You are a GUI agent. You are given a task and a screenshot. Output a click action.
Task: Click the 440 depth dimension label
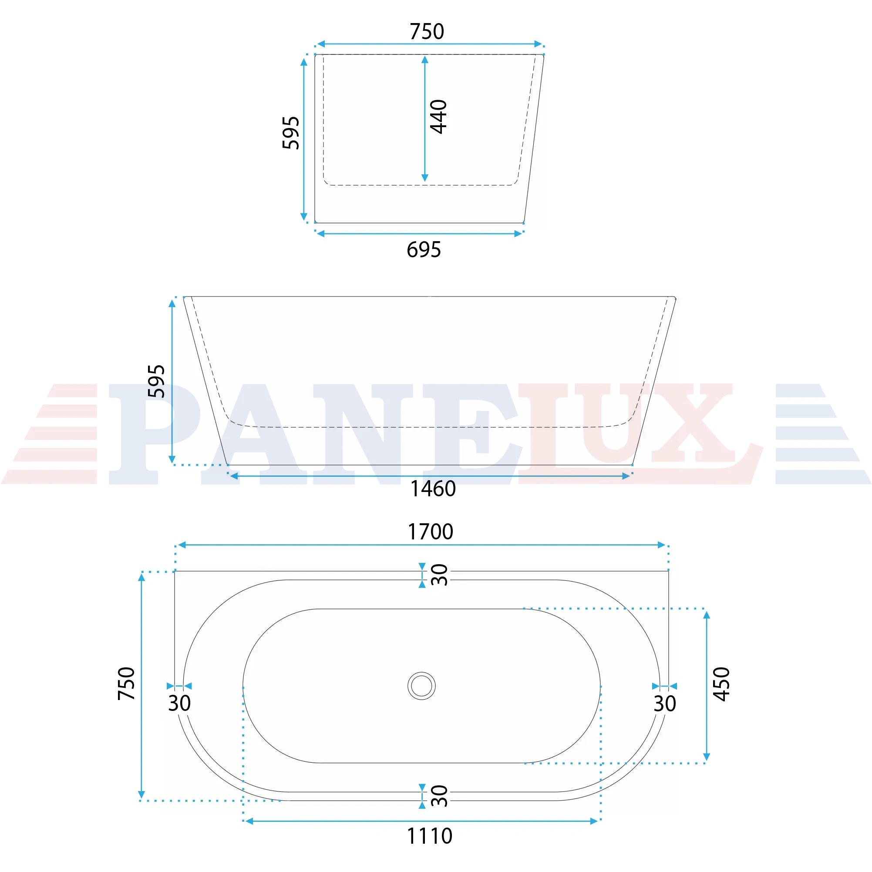(438, 117)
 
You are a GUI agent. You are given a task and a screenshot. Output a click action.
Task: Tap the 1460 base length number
(433, 489)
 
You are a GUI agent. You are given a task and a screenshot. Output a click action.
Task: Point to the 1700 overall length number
(430, 532)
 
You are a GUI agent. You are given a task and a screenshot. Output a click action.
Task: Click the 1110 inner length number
(429, 836)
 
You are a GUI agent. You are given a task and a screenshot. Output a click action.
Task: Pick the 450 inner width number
(721, 684)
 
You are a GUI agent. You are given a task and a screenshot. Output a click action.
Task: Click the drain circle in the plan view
(421, 686)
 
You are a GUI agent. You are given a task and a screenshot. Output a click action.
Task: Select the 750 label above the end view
(427, 32)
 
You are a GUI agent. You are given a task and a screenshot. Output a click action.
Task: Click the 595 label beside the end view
(291, 133)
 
